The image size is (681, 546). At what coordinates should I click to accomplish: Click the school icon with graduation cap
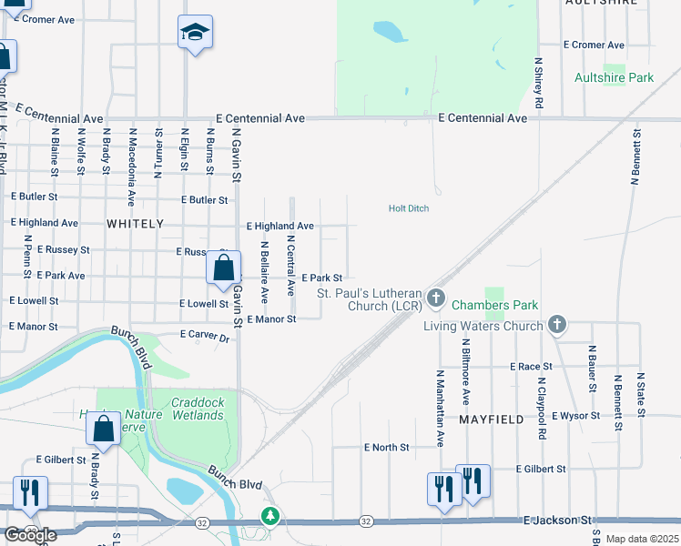195,34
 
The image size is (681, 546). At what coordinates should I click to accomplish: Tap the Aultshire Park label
614,78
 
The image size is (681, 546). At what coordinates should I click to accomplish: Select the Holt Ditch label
409,208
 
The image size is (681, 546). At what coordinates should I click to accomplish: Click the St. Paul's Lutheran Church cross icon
436,298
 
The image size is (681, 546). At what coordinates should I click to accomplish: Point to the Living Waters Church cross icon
558,325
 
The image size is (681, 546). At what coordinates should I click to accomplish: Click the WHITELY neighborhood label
135,223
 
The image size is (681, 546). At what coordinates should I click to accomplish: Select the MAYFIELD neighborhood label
492,420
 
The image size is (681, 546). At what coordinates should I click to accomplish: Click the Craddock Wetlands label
197,409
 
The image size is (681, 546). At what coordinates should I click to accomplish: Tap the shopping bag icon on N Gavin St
223,268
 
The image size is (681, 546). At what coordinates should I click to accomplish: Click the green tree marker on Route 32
270,516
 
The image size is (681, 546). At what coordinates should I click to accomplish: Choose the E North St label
386,448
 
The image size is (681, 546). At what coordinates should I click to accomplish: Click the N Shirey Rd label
539,85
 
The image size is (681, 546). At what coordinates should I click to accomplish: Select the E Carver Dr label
204,336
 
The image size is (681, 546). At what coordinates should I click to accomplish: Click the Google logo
30,535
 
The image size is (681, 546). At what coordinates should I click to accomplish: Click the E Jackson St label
558,520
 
